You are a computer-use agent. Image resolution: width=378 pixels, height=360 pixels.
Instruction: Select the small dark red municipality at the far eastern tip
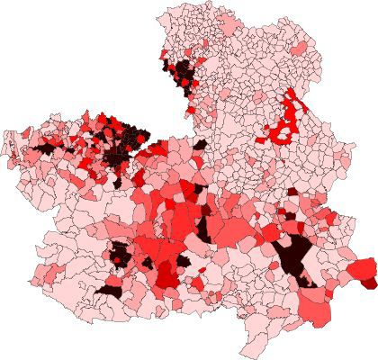coord(370,283)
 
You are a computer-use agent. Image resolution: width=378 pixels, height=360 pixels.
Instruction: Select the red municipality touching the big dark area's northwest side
coord(277,236)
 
